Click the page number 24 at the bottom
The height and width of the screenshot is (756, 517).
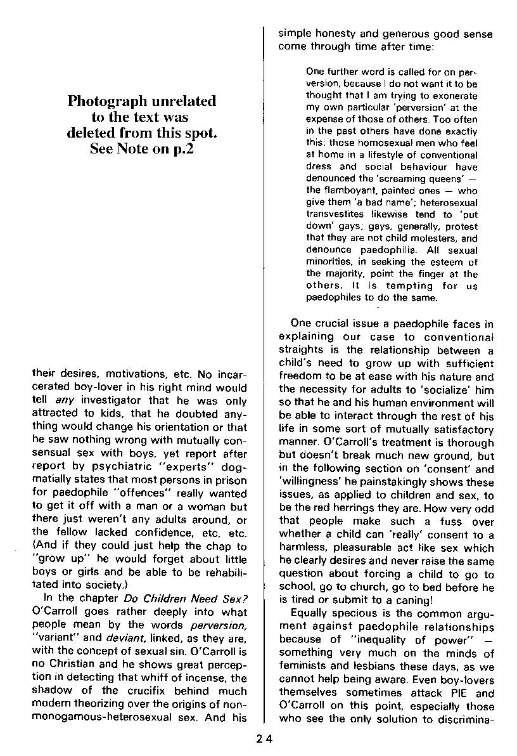click(x=264, y=738)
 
